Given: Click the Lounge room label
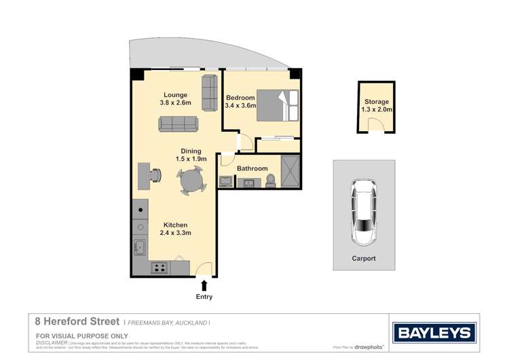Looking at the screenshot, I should click(x=176, y=94).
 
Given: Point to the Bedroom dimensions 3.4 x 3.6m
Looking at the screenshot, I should click(x=240, y=106).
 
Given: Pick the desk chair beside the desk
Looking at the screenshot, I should click(x=156, y=175).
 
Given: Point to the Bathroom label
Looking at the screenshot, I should click(x=252, y=168).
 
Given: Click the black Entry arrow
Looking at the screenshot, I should click(x=204, y=285).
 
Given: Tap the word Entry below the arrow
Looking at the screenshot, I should click(x=204, y=296).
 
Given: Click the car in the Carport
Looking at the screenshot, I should click(x=364, y=214).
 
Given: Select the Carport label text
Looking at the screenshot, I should click(x=364, y=259).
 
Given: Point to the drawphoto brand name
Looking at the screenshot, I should click(x=370, y=347).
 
